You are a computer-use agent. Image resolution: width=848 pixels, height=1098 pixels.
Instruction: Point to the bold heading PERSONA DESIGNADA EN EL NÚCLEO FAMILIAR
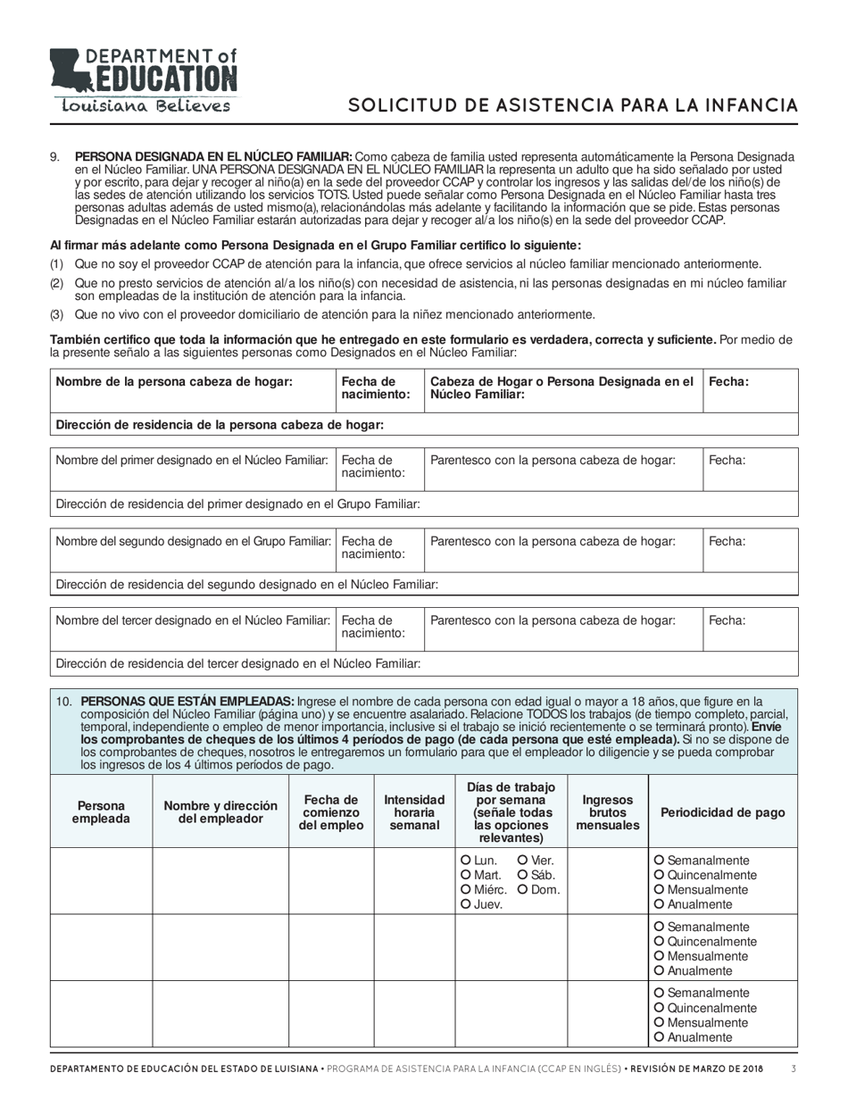(x=213, y=157)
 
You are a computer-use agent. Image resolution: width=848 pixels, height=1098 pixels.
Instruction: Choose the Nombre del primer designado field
(x=191, y=469)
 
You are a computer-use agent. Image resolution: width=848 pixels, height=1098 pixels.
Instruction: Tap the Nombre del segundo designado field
(x=191, y=549)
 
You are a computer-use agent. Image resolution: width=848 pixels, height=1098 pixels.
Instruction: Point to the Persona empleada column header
(x=101, y=811)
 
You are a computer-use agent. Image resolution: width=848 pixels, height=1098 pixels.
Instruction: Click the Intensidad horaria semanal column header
(x=414, y=811)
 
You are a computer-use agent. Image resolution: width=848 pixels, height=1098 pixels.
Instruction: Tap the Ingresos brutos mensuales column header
(x=607, y=811)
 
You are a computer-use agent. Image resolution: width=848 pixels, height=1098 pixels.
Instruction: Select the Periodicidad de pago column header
(x=722, y=811)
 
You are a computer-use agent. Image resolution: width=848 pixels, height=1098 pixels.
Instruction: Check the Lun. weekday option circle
(x=466, y=861)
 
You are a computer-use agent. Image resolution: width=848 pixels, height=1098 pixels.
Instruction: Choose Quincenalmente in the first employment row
(x=660, y=876)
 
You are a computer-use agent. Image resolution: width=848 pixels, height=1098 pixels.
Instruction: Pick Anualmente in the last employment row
(x=660, y=1038)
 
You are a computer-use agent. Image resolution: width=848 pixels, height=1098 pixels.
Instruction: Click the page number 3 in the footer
(x=794, y=1068)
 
